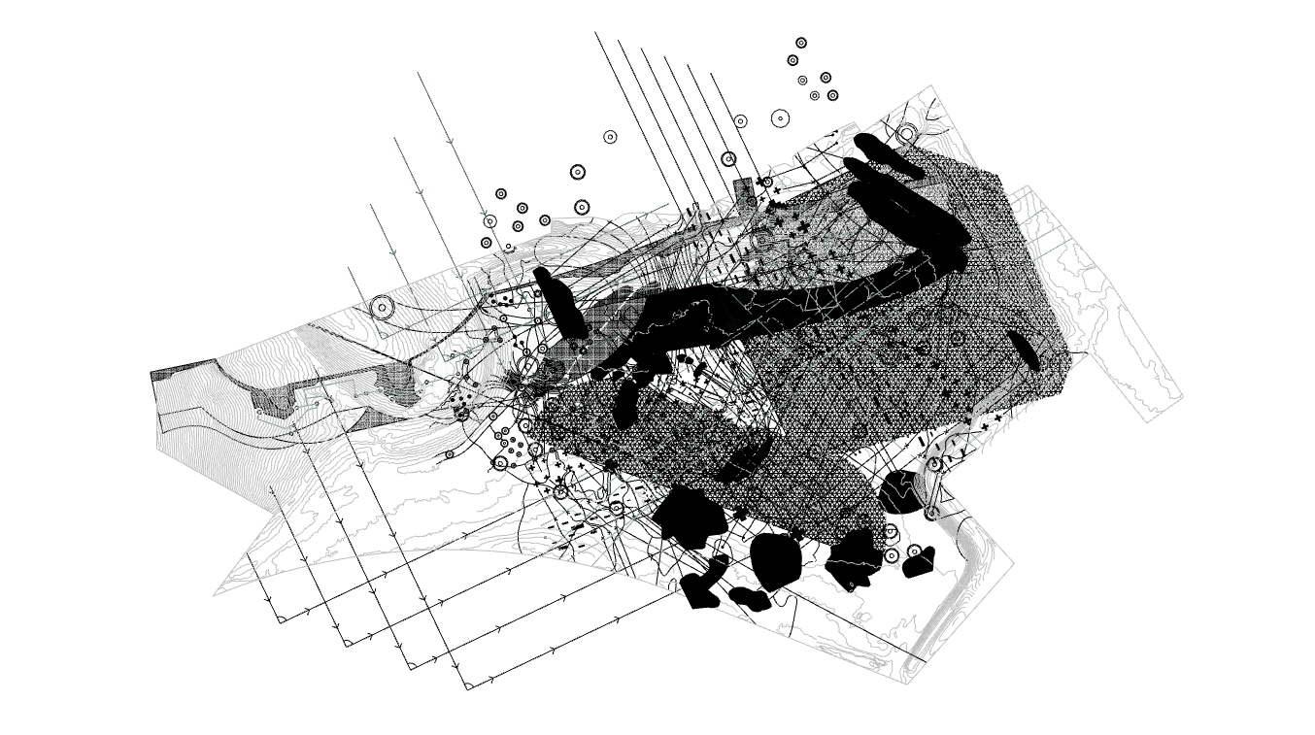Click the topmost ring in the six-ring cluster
pyautogui.click(x=801, y=43)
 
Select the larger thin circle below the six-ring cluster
pyautogui.click(x=780, y=118)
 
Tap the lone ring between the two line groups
pyautogui.click(x=610, y=137)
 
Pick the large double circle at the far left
pyautogui.click(x=382, y=309)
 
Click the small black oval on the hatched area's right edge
pyautogui.click(x=1024, y=351)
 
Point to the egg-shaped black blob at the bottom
pyautogui.click(x=776, y=561)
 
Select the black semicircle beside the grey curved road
pyautogui.click(x=898, y=492)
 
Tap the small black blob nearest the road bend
pyautogui.click(x=918, y=561)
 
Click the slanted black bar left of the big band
pyautogui.click(x=559, y=304)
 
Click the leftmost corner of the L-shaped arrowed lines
pyautogui.click(x=280, y=619)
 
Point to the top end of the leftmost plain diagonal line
pyautogui.click(x=595, y=33)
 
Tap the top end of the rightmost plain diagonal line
pyautogui.click(x=712, y=73)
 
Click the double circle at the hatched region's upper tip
pyautogui.click(x=906, y=133)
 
